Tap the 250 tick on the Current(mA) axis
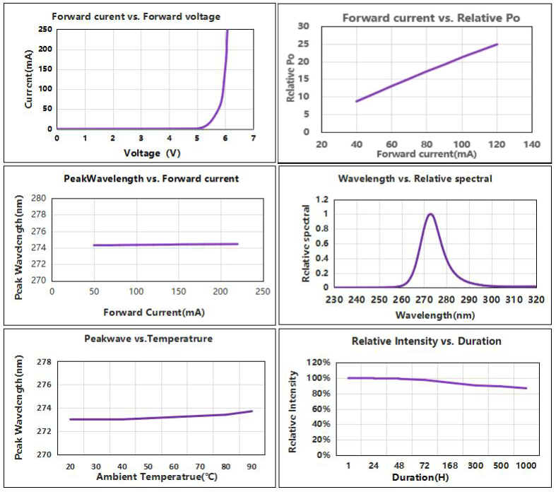[45, 29]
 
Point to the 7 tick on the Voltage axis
[253, 138]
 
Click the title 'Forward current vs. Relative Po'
[431, 18]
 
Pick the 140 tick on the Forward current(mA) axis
[531, 144]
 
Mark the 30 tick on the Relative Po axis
[304, 26]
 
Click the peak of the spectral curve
[430, 213]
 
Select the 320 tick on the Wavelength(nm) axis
[536, 300]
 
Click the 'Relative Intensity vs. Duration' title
[426, 341]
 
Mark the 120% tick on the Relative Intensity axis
[317, 363]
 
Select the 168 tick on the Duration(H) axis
[451, 467]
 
